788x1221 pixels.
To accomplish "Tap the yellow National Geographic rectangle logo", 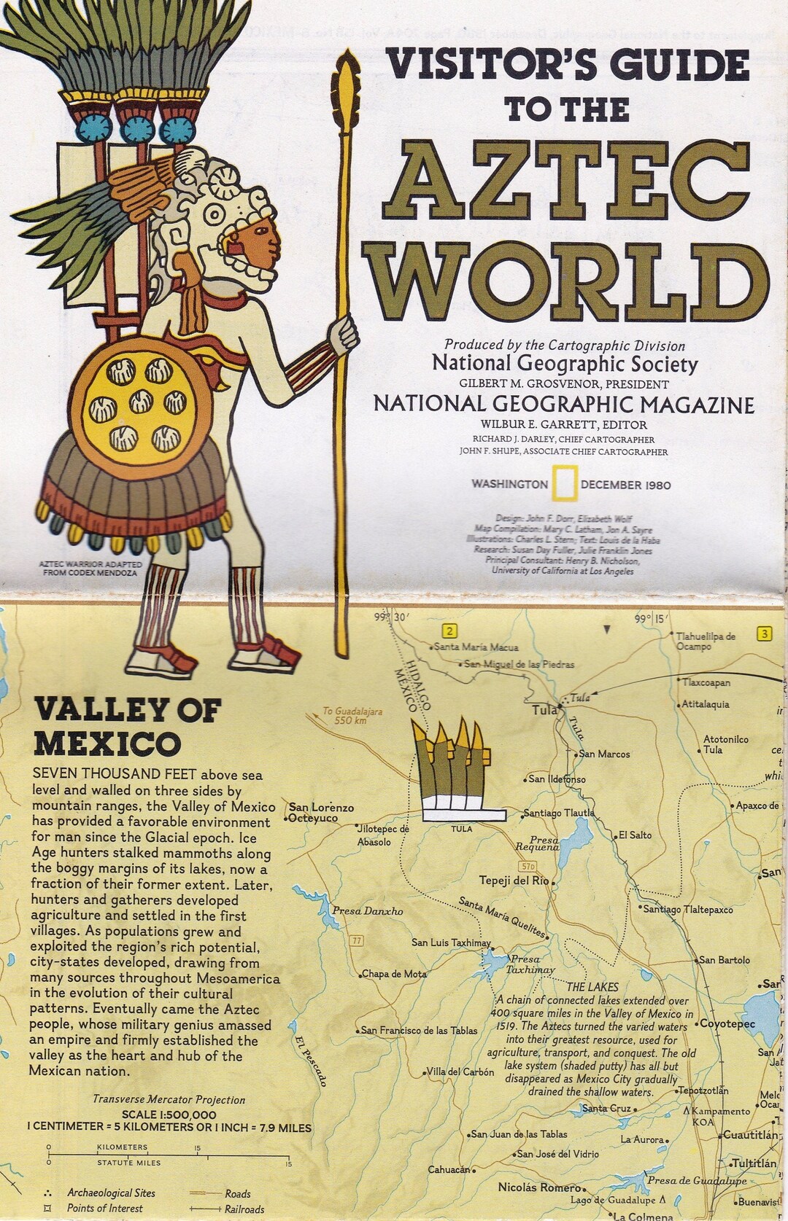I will [x=564, y=485].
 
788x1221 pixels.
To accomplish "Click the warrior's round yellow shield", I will [x=136, y=402].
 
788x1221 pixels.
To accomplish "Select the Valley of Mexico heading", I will [x=128, y=727].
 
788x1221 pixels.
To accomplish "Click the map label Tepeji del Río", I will [x=514, y=880].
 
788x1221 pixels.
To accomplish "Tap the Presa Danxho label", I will [x=367, y=910].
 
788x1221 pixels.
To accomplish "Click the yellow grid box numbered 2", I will [x=450, y=631].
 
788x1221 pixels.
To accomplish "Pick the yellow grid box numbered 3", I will [x=764, y=633].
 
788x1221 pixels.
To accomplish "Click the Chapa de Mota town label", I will [x=394, y=974].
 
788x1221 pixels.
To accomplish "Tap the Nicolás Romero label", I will [x=539, y=1187].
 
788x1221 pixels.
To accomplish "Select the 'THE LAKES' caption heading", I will [x=592, y=986].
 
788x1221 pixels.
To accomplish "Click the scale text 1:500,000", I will [x=169, y=1115].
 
